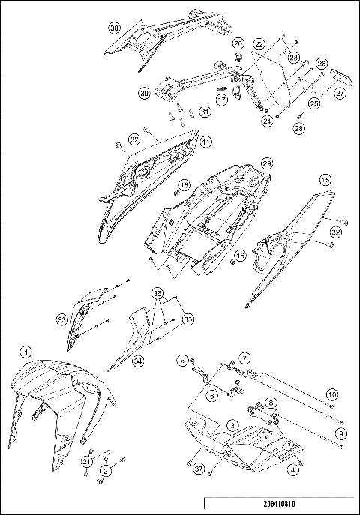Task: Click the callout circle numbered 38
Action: pyautogui.click(x=115, y=28)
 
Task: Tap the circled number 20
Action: pyautogui.click(x=238, y=44)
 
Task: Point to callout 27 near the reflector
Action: pyautogui.click(x=340, y=94)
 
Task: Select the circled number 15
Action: pyautogui.click(x=325, y=181)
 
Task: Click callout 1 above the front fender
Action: pyautogui.click(x=26, y=351)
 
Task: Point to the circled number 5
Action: pyautogui.click(x=182, y=361)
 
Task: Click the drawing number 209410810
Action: pyautogui.click(x=279, y=505)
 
